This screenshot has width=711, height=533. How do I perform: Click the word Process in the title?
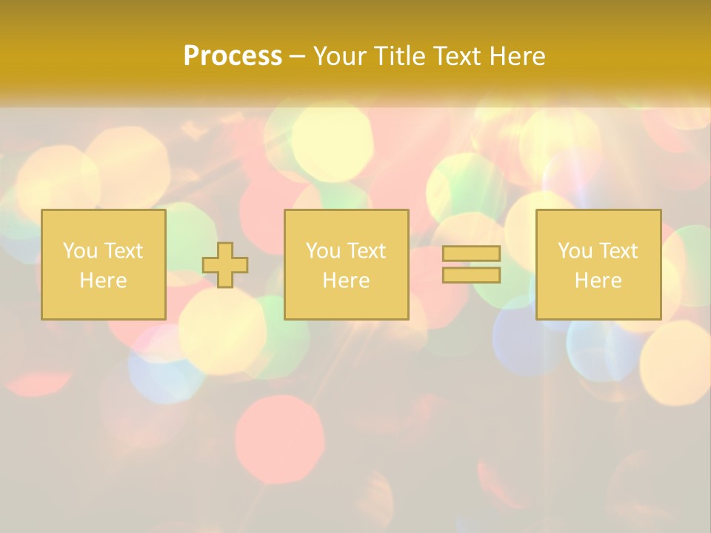(233, 56)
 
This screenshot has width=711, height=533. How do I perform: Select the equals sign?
(471, 264)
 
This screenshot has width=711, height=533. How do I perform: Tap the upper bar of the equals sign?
(471, 254)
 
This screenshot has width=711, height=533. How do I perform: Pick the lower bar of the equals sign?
(471, 275)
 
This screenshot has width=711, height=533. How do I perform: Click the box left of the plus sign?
(104, 264)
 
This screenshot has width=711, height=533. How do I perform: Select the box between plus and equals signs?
(346, 264)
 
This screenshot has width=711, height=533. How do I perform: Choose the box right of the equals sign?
(598, 264)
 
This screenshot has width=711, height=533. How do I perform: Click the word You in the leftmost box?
(80, 251)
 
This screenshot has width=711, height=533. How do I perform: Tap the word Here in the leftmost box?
(104, 281)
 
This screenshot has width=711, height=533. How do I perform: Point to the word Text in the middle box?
(366, 251)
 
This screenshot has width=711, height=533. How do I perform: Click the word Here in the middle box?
(346, 281)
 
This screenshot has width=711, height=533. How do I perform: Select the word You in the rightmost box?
(575, 251)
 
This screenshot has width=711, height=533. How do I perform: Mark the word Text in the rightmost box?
(618, 251)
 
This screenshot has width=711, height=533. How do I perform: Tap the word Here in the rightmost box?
(598, 281)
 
